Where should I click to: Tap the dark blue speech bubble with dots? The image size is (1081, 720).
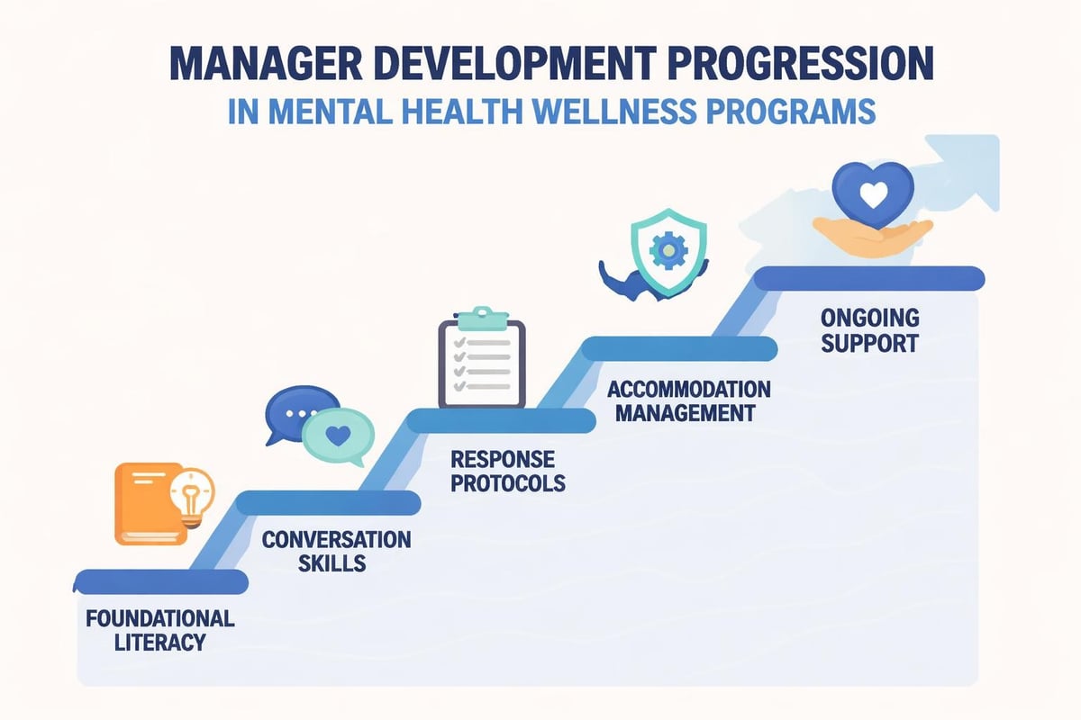pyautogui.click(x=301, y=412)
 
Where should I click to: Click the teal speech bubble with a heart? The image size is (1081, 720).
pyautogui.click(x=339, y=436)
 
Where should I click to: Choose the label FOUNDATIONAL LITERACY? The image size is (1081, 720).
pyautogui.click(x=160, y=630)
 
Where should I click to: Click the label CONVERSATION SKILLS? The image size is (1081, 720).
pyautogui.click(x=336, y=552)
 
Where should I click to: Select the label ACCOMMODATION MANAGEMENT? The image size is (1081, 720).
pyautogui.click(x=689, y=401)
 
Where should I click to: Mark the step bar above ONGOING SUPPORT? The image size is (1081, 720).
pyautogui.click(x=868, y=278)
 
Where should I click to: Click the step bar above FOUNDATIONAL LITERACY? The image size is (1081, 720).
pyautogui.click(x=161, y=581)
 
